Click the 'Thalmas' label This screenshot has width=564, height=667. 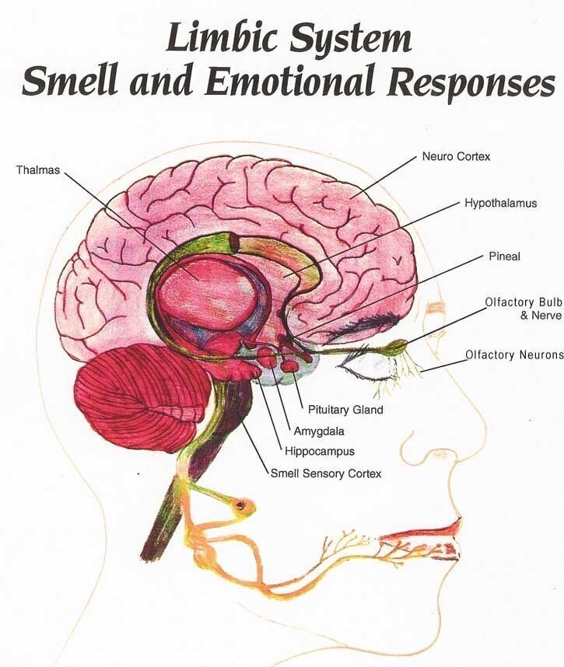38,169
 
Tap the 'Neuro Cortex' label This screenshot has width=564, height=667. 456,156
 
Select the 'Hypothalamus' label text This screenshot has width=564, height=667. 501,204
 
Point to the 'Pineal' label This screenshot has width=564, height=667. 504,256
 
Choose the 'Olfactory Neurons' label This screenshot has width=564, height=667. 513,355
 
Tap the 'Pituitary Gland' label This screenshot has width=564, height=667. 345,409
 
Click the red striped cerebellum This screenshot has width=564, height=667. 140,400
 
